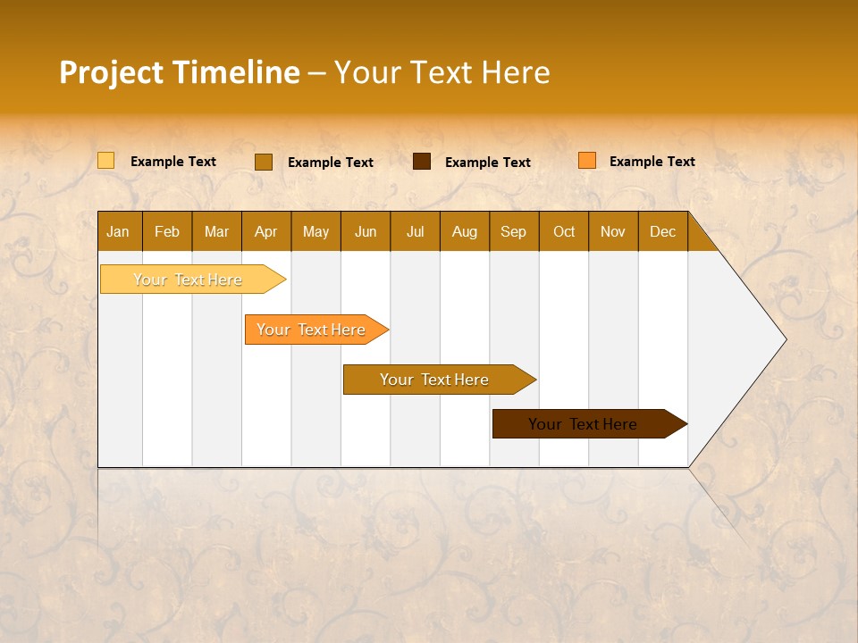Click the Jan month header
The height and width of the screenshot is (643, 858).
pyautogui.click(x=119, y=231)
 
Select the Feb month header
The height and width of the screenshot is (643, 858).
pyautogui.click(x=167, y=231)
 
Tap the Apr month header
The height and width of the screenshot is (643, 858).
pyautogui.click(x=266, y=231)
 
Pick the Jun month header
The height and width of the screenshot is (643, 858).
pyautogui.click(x=366, y=231)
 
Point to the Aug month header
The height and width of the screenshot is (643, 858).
pyautogui.click(x=465, y=231)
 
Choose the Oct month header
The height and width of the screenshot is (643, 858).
pyautogui.click(x=564, y=231)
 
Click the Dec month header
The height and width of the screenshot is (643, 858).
pyautogui.click(x=663, y=231)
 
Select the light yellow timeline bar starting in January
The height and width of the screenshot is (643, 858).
pyautogui.click(x=188, y=280)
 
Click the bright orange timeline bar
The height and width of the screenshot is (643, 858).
pyautogui.click(x=312, y=330)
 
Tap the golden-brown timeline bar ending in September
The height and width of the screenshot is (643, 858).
pyautogui.click(x=434, y=380)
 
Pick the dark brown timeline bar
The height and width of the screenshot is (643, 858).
pyautogui.click(x=584, y=424)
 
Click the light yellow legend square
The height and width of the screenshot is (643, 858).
pyautogui.click(x=106, y=161)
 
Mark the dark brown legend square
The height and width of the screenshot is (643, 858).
pyautogui.click(x=422, y=162)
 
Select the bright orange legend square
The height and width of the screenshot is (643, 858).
pyautogui.click(x=587, y=161)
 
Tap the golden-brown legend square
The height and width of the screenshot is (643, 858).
pyautogui.click(x=264, y=162)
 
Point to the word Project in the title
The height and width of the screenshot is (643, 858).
pyautogui.click(x=112, y=72)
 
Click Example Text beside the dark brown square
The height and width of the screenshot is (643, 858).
pyautogui.click(x=488, y=163)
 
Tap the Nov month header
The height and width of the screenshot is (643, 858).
pyautogui.click(x=613, y=231)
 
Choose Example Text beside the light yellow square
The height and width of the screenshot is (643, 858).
pyautogui.click(x=173, y=162)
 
